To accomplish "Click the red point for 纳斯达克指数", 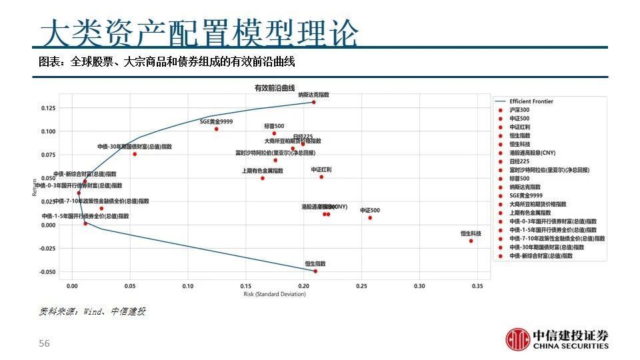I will pyautogui.click(x=313, y=102).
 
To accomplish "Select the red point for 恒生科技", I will pyautogui.click(x=471, y=241).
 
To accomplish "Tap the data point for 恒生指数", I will pyautogui.click(x=315, y=271).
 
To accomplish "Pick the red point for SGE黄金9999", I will pyautogui.click(x=217, y=129).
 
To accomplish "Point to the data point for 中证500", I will pyautogui.click(x=370, y=218).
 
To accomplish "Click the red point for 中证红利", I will pyautogui.click(x=321, y=177).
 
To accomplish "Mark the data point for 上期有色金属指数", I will pyautogui.click(x=263, y=178).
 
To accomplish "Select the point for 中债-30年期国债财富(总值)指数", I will pyautogui.click(x=135, y=154).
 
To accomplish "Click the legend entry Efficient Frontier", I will pyautogui.click(x=531, y=101).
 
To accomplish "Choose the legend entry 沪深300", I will pyautogui.click(x=519, y=110).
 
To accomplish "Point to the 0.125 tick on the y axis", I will pyautogui.click(x=49, y=108).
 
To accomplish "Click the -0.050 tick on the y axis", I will pyautogui.click(x=47, y=272).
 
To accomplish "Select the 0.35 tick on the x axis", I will pyautogui.click(x=477, y=287).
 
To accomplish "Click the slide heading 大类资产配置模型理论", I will pyautogui.click(x=199, y=32).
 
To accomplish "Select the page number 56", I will pyautogui.click(x=45, y=343).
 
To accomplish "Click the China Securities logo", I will pyautogui.click(x=557, y=339).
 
